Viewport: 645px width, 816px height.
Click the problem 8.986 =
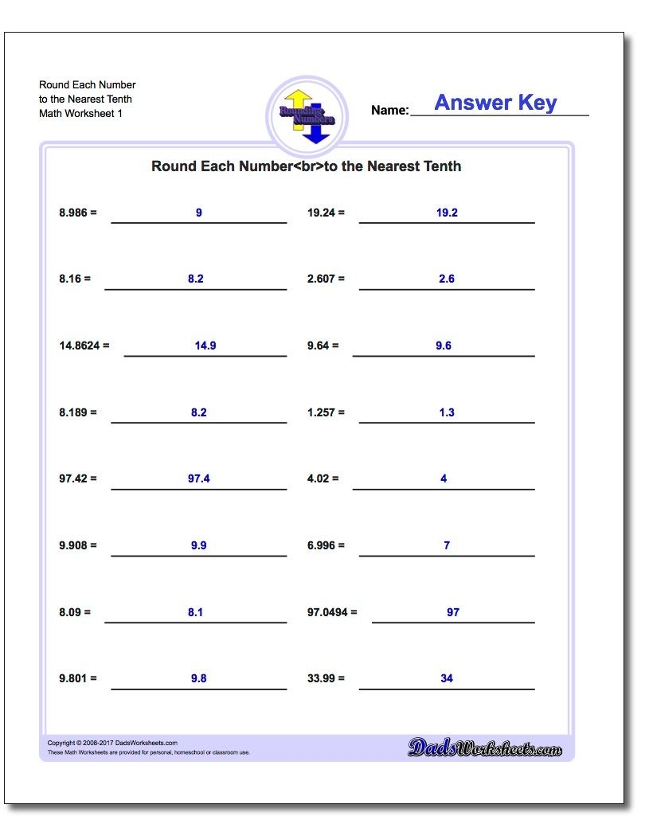77,213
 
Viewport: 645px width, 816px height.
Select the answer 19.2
447,213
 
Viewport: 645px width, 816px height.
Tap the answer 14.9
205,346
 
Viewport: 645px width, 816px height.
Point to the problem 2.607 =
326,279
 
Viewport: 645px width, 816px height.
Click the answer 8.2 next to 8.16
196,279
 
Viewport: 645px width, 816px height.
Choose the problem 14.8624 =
84,346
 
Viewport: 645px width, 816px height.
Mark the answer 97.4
199,478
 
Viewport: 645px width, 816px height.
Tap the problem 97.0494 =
332,612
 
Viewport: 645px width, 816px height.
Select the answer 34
447,678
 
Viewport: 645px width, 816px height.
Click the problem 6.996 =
326,545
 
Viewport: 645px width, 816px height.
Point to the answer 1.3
447,412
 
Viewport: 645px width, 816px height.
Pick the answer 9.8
199,678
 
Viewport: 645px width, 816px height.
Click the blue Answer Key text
495,103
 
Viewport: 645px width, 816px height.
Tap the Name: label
389,111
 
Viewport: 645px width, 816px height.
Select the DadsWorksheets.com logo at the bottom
485,748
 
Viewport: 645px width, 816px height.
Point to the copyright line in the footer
112,743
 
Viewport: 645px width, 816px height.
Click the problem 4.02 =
322,478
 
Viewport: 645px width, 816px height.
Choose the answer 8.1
196,612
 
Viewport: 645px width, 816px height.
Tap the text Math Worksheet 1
80,113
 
